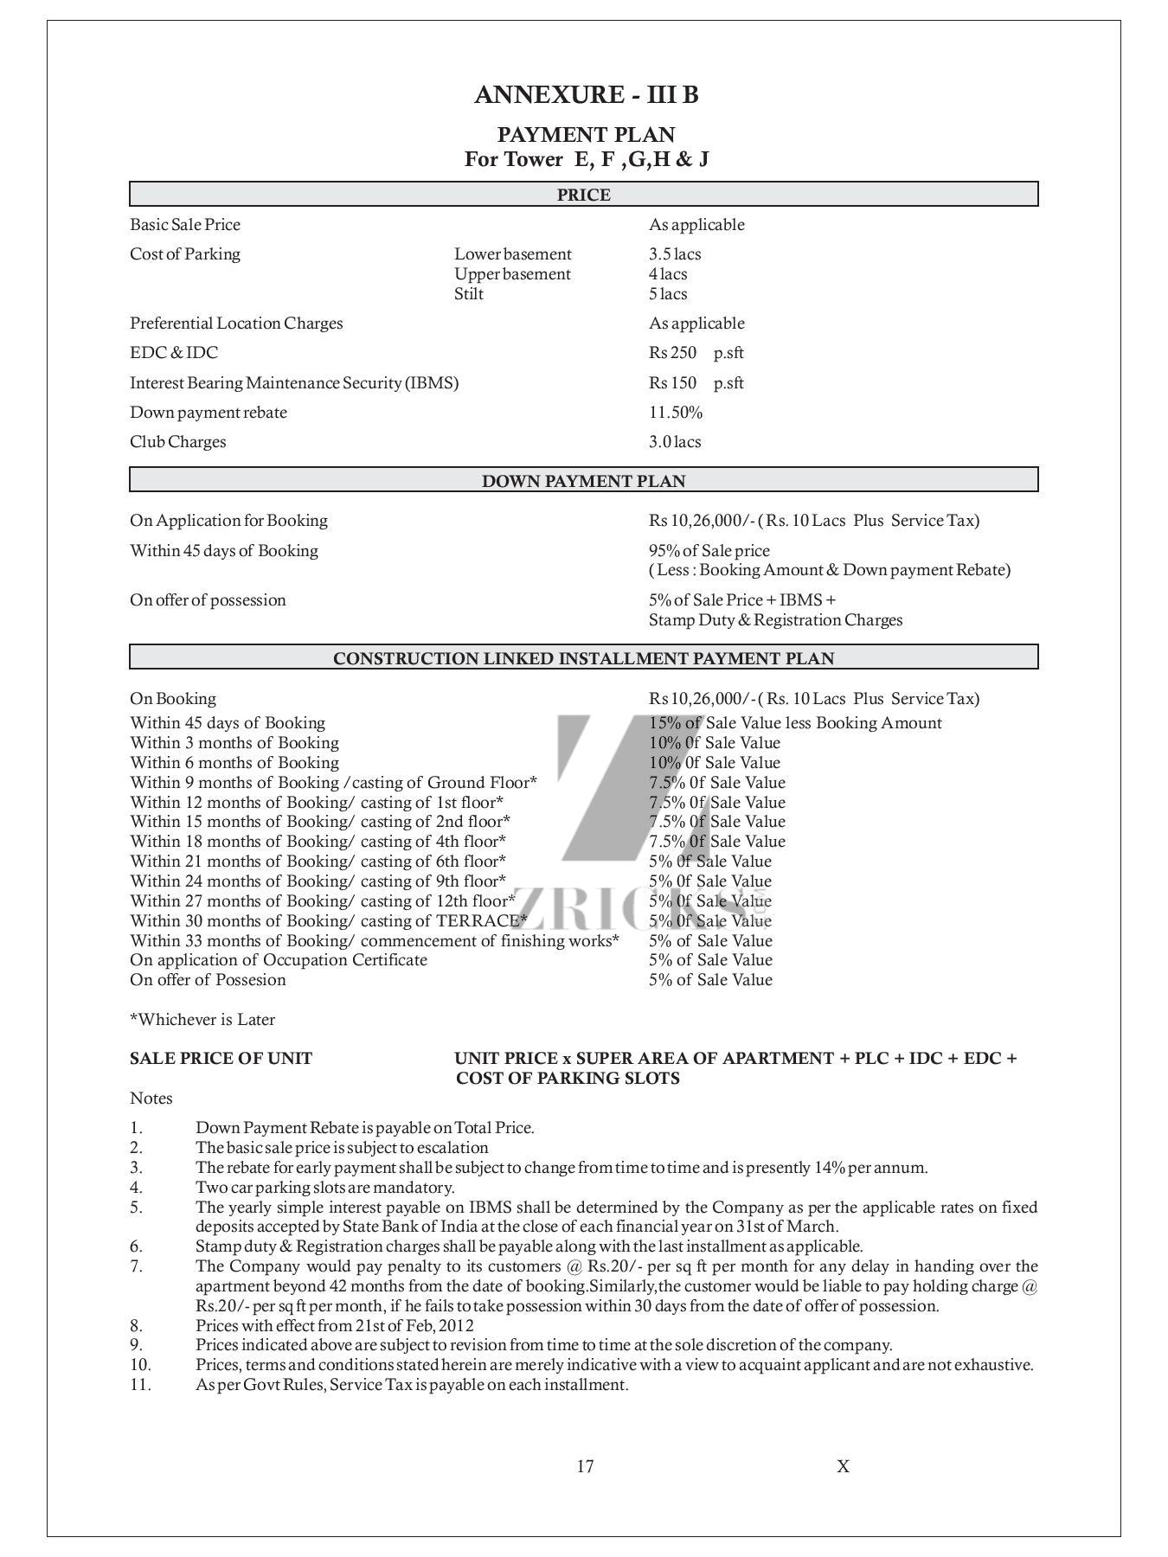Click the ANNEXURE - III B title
coord(586,95)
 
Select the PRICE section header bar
coord(583,195)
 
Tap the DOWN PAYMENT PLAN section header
coord(583,481)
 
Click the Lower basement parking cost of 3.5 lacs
coord(675,254)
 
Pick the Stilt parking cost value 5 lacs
coord(668,294)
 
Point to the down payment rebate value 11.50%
coord(676,413)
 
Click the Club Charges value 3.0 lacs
coord(675,442)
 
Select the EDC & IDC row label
coord(174,353)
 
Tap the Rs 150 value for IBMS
coord(673,383)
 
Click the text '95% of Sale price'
coord(709,551)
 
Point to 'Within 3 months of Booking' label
coord(234,743)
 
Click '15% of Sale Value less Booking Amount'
coord(795,723)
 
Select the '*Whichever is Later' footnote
coord(202,1020)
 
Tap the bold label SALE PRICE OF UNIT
coord(221,1059)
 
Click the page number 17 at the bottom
coord(585,1466)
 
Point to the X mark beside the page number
coord(843,1466)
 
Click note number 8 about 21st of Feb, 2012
coord(334,1326)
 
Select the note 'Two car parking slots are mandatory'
coord(324,1188)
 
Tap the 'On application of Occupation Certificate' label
coord(278,960)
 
